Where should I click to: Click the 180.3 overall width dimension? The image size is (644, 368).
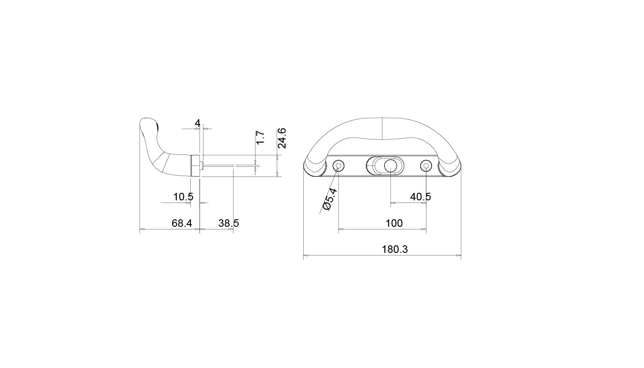click(x=395, y=249)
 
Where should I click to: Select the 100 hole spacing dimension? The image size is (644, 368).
click(x=394, y=223)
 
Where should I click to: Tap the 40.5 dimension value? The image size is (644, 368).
click(x=420, y=197)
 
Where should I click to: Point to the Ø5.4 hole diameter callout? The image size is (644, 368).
click(x=330, y=199)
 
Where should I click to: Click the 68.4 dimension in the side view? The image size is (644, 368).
click(x=182, y=223)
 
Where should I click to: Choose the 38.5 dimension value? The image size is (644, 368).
click(x=229, y=223)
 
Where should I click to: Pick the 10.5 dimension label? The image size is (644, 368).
click(x=183, y=197)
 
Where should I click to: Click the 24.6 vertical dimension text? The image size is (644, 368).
click(x=282, y=138)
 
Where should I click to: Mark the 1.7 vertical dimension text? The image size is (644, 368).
click(x=260, y=138)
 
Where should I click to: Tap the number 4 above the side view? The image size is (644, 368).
click(x=197, y=123)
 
